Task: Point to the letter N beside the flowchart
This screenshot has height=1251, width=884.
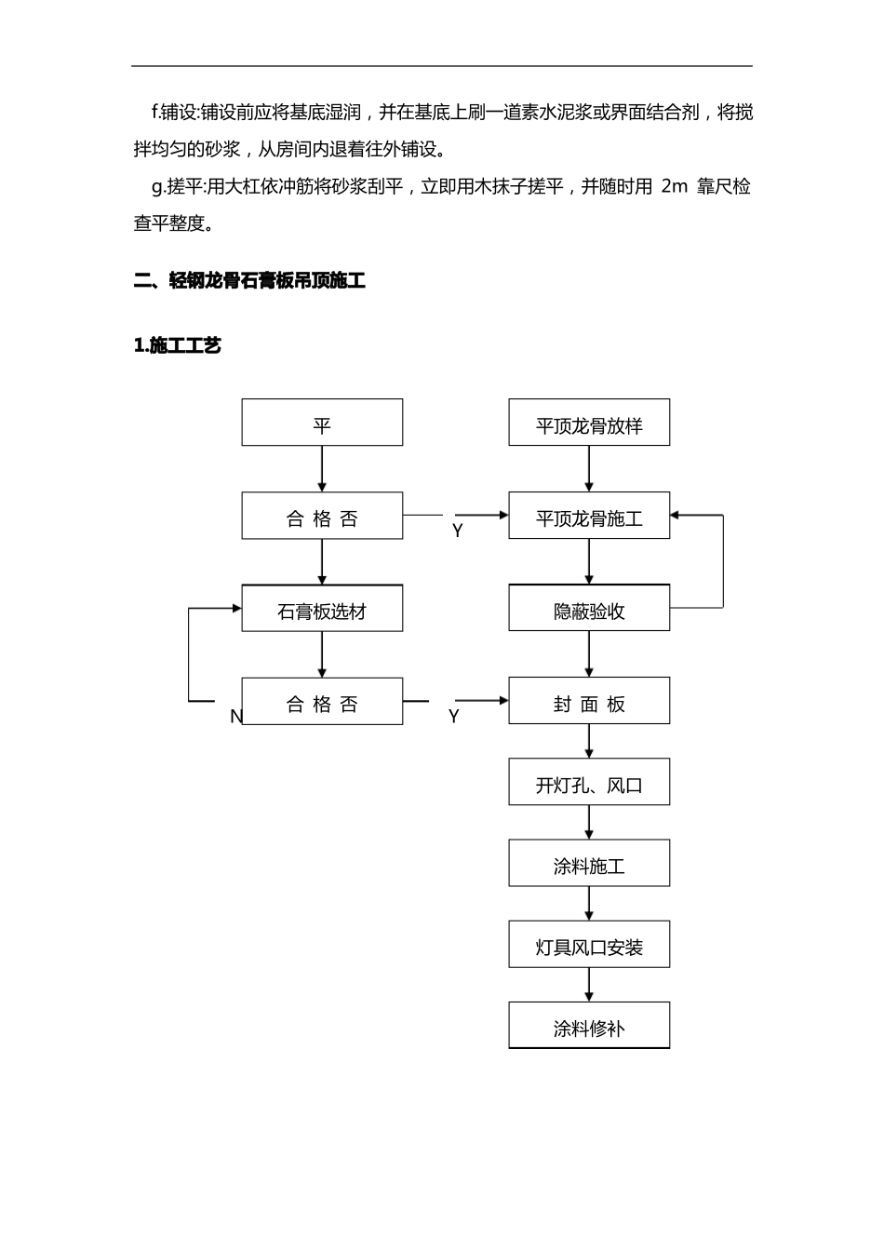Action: [235, 717]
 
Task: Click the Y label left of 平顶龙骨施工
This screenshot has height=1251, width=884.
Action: [457, 531]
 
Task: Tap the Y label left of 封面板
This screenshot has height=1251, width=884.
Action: [453, 717]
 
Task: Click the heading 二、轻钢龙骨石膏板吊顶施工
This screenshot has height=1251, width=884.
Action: [249, 280]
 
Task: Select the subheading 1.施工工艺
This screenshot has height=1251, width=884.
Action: [178, 345]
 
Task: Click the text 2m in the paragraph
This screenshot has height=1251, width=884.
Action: [674, 186]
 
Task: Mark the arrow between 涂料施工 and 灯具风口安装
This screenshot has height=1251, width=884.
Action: [588, 904]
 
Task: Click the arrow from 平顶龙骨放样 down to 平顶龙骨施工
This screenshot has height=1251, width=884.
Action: [588, 469]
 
